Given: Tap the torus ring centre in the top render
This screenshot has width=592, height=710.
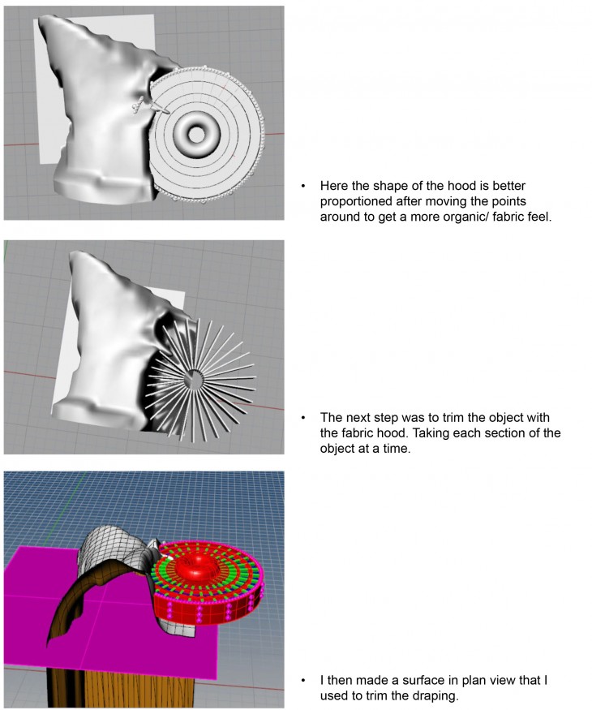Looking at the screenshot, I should pos(196,131).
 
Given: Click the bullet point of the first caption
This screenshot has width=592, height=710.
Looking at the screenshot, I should pos(302,186).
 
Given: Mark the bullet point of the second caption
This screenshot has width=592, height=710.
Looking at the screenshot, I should pos(302,417).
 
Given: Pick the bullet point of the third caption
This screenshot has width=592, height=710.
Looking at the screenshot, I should pos(302,678).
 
